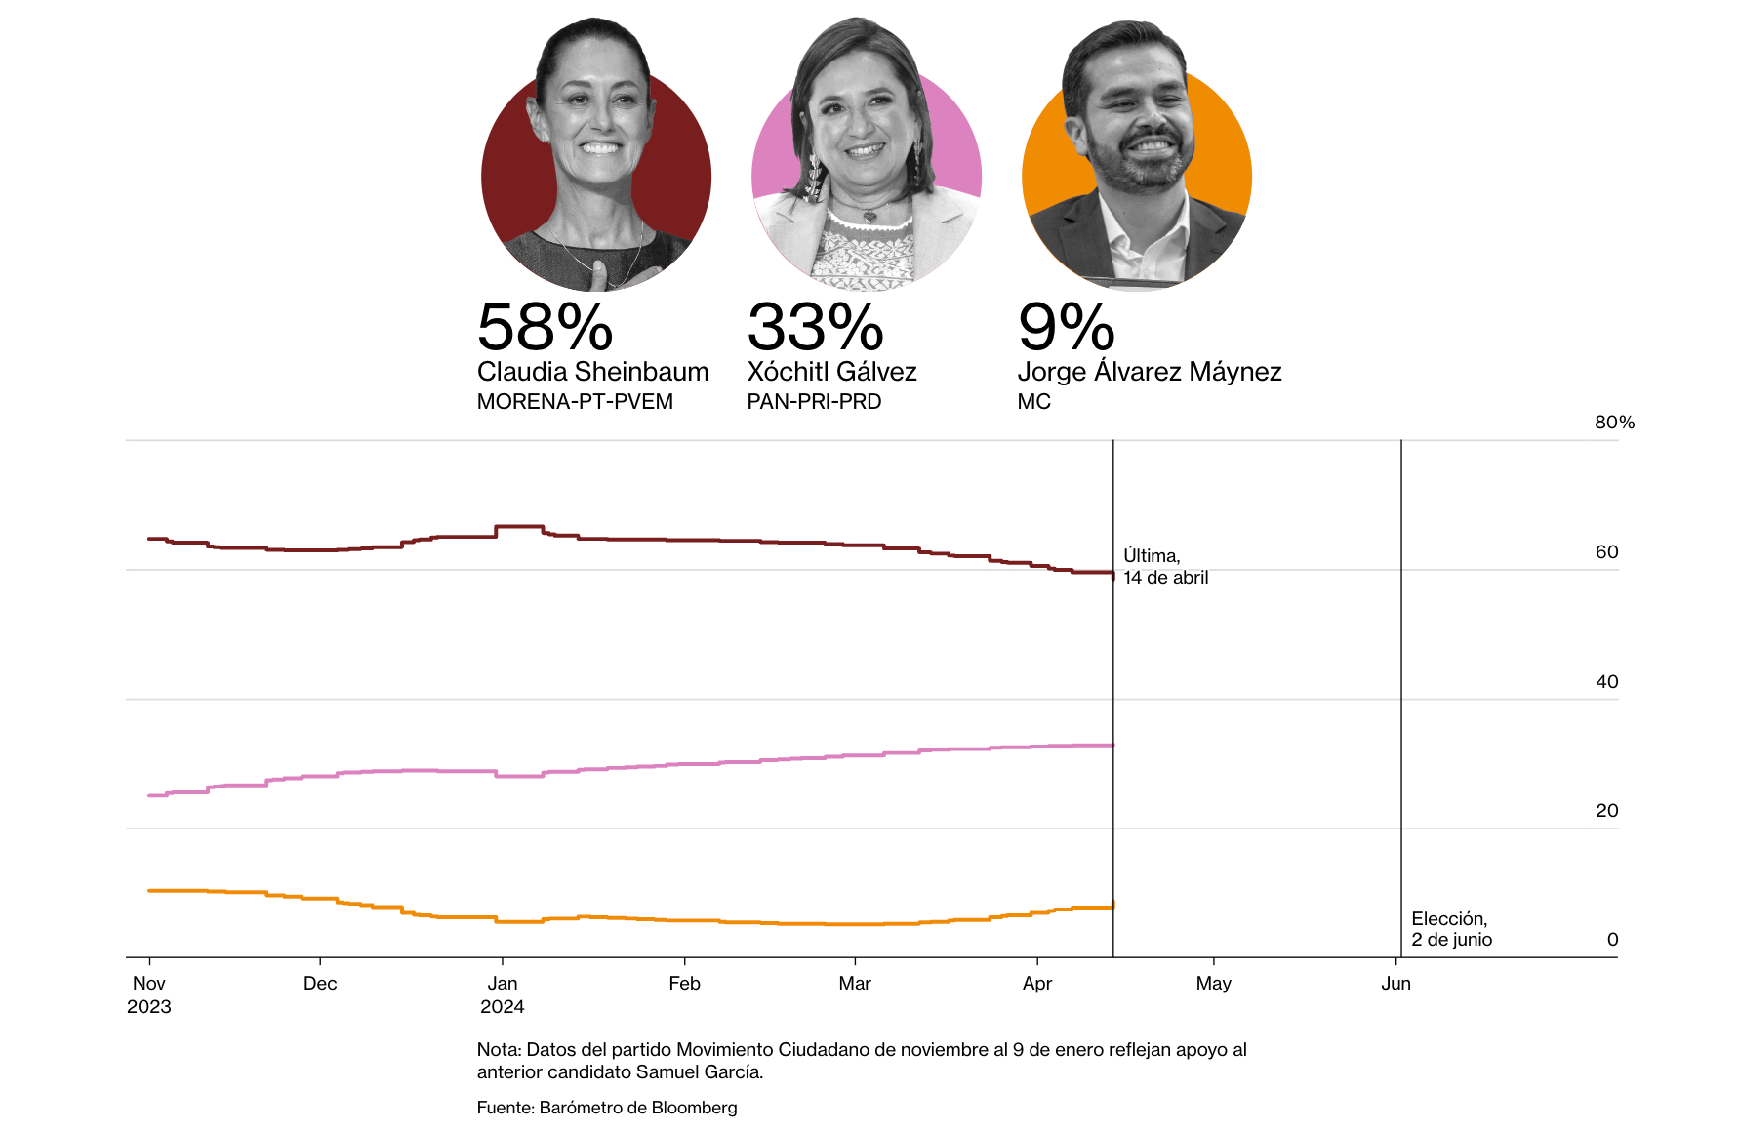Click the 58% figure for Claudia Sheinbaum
(545, 327)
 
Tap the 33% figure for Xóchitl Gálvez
(815, 327)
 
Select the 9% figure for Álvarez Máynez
(1066, 327)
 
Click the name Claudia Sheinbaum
(592, 372)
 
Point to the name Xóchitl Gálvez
(831, 372)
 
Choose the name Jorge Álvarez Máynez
(1149, 372)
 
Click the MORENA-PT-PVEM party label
(575, 402)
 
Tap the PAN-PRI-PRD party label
(814, 402)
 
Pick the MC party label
(1033, 402)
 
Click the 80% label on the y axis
(1614, 423)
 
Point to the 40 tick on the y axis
(1606, 682)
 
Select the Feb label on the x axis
(684, 984)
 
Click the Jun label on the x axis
(1395, 984)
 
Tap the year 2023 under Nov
(148, 1007)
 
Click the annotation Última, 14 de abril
(1165, 567)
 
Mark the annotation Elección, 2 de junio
(1451, 929)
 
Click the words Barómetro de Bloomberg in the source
(638, 1108)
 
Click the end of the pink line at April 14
(1112, 746)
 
